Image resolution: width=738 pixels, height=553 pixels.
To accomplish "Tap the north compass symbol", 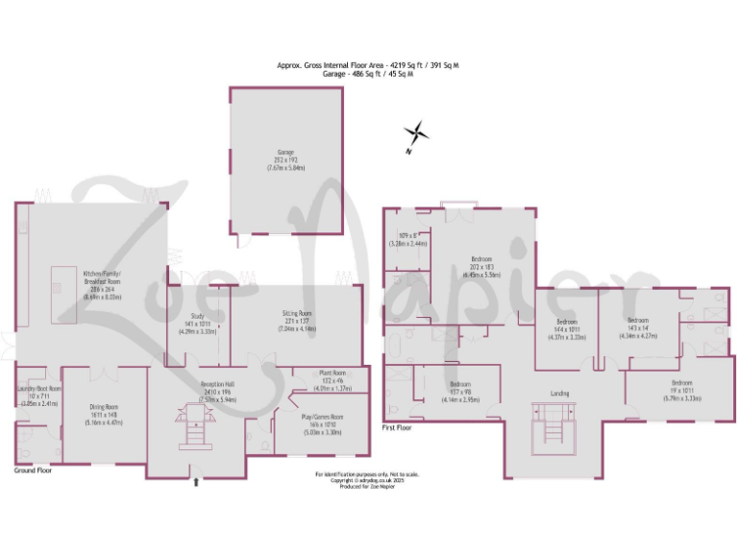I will click(414, 135).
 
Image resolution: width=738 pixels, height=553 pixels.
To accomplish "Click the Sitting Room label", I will click(297, 319).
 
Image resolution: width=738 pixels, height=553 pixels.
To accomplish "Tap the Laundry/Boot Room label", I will click(38, 396).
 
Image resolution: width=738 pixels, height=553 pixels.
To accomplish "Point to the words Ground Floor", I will click(34, 471).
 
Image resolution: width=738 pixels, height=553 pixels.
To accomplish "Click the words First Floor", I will click(397, 427).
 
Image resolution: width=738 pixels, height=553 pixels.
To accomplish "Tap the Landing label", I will click(559, 393).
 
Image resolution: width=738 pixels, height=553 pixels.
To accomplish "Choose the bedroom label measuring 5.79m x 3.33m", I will click(680, 388).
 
